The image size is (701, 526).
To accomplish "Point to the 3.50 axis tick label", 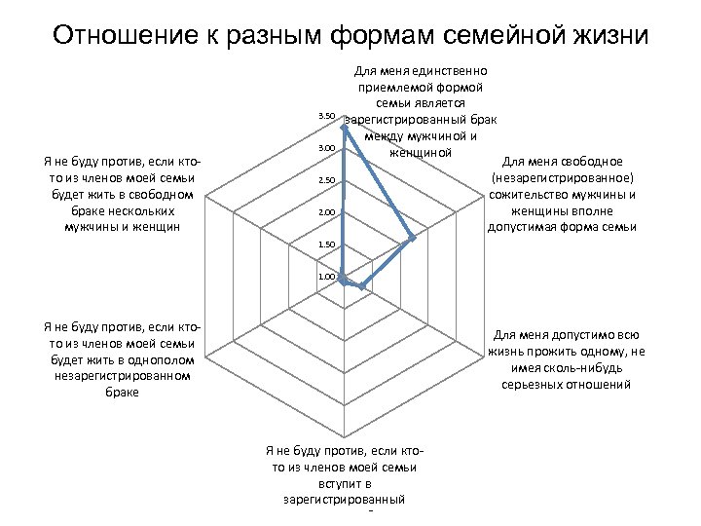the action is point(326,117).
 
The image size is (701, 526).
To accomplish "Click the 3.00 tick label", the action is point(326,148).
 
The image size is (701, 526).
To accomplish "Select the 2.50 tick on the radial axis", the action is point(326,181).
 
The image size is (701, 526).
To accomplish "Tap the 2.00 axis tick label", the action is point(326,212).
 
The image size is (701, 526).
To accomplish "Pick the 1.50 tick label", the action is point(326,244).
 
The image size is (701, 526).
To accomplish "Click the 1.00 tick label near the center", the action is point(326,278).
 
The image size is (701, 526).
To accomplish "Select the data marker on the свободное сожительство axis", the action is point(414,238).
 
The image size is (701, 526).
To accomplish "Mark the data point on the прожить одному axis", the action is point(362,286).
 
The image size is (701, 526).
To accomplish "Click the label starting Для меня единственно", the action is point(421,111).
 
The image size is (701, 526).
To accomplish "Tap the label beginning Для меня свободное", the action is point(563,194).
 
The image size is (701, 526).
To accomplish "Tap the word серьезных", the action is point(535,385).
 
